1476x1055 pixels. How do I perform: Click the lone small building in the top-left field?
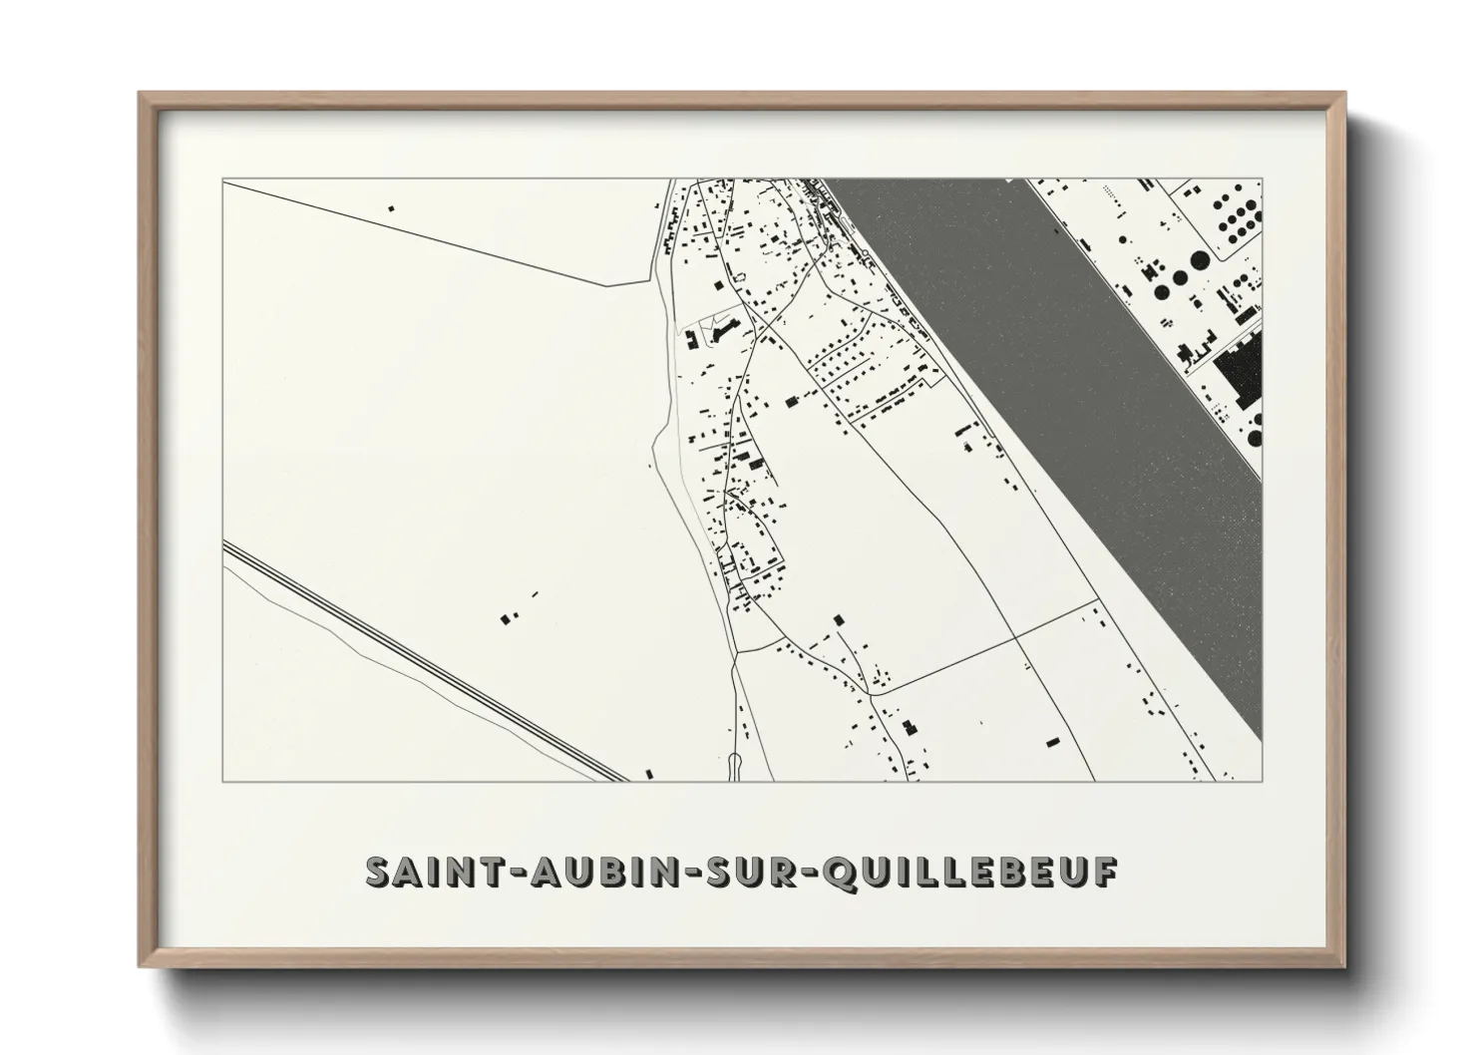(391, 208)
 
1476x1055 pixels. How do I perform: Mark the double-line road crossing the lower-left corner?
(419, 658)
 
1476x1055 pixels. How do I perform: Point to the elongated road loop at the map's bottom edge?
(735, 767)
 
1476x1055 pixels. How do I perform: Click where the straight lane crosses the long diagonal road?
(1014, 634)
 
